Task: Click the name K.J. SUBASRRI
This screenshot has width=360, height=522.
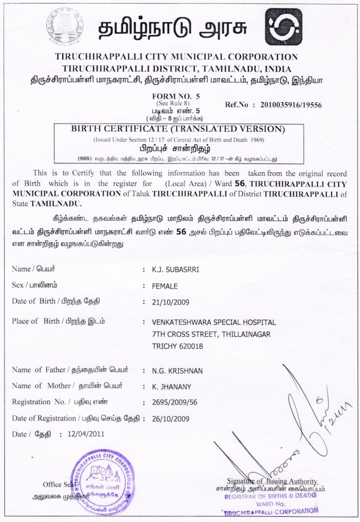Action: [x=173, y=269]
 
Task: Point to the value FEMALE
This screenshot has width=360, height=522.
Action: [x=165, y=286]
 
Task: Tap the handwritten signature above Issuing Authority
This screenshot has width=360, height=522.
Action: [x=288, y=427]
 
